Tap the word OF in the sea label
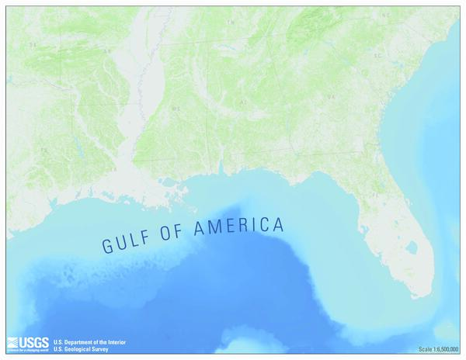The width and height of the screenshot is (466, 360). pos(176,234)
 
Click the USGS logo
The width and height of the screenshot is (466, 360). pos(27,343)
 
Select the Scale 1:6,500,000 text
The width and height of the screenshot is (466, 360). pos(438,349)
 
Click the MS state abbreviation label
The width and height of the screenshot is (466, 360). pos(176,109)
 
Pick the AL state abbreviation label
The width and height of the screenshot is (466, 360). pos(243,102)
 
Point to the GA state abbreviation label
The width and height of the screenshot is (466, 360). pos(329,96)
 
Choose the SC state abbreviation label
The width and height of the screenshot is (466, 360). pos(378,56)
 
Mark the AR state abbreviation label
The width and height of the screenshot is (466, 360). pos(108,51)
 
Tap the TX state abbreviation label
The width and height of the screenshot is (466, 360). pos(44,149)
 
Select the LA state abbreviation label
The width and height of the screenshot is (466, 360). pos(113,168)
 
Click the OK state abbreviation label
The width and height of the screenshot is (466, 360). pos(33,45)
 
